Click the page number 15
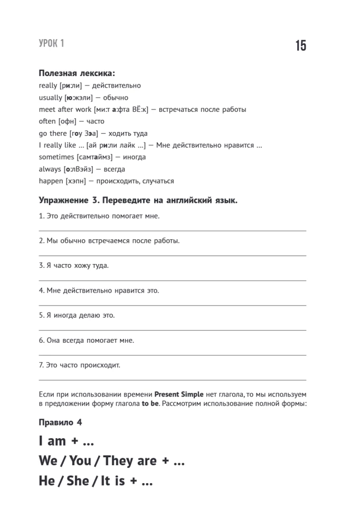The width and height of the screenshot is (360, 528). pos(300,46)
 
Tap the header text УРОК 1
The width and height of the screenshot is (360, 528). pos(52,44)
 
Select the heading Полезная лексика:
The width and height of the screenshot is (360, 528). pos(77,73)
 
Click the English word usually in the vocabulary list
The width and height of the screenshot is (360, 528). pos(51,97)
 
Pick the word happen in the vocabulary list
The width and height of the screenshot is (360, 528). pos(51,181)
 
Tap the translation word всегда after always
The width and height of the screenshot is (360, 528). pos(114,169)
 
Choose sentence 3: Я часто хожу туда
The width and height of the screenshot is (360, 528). pos(74,266)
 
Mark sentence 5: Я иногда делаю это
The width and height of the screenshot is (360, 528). pos(77,315)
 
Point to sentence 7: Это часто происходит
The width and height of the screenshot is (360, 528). pos(80,365)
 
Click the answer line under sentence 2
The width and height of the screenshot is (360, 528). pos(173,256)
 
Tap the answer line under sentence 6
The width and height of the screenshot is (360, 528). pos(173,355)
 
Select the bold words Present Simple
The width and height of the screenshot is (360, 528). pos(179,394)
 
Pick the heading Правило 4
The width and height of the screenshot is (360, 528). pos(61,423)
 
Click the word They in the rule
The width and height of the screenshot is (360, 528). pos(121,460)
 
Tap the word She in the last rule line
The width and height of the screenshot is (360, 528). pos(86,481)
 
